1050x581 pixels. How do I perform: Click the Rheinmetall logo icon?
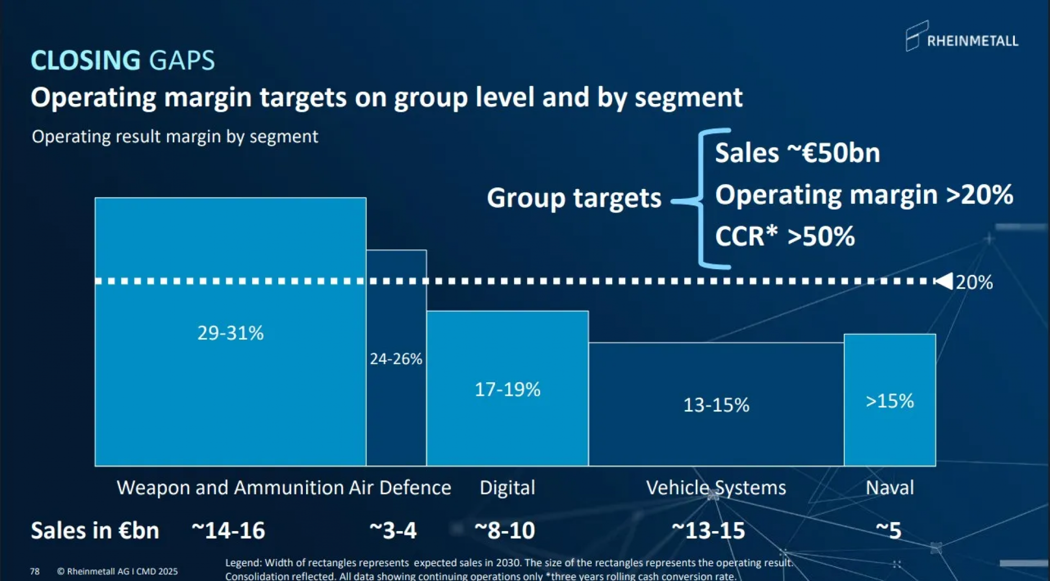point(916,36)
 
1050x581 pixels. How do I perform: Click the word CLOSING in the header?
point(86,60)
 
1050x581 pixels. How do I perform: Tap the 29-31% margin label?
point(230,333)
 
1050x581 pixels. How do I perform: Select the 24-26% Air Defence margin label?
point(396,359)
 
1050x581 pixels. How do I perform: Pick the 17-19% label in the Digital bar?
point(507,389)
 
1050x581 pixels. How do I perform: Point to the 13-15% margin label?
point(716,405)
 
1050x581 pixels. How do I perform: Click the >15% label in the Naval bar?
point(889,401)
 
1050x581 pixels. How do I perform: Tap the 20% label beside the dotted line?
point(974,282)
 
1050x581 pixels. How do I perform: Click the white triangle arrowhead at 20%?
point(944,281)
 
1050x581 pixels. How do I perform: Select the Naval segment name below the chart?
point(889,488)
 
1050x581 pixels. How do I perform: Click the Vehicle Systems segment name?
point(716,488)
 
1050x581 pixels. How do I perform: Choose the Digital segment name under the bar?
point(507,488)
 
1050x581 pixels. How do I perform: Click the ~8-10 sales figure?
point(505,531)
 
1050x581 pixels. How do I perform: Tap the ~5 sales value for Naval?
point(888,531)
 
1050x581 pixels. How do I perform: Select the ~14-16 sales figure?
point(228,531)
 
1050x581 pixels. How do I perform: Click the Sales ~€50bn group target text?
point(797,153)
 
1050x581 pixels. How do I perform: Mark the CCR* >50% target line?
point(784,236)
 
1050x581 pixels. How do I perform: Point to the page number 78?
point(35,571)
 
